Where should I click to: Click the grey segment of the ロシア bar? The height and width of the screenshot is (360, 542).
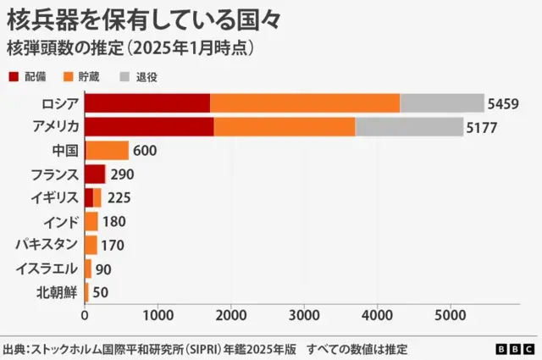click(x=441, y=103)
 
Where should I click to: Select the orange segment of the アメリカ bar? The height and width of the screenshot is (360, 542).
click(x=284, y=127)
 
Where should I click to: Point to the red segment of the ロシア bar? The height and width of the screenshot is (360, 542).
click(x=147, y=103)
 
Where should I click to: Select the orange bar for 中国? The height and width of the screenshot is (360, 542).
click(x=108, y=151)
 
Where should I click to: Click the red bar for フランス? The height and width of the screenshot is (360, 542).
click(x=95, y=174)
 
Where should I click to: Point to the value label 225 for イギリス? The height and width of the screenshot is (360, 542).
click(x=120, y=198)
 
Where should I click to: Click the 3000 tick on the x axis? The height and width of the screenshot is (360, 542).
click(x=304, y=315)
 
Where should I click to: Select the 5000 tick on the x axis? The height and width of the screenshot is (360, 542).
click(x=450, y=315)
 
